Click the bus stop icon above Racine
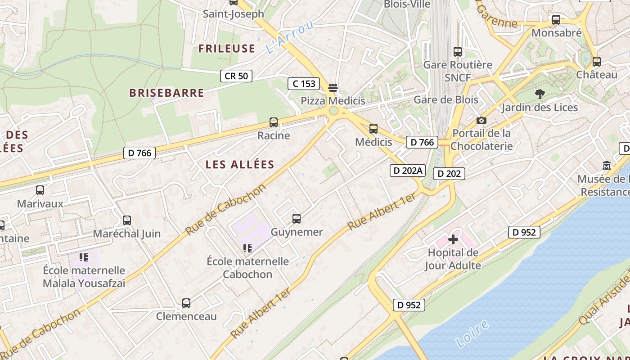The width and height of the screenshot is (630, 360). coord(273,122)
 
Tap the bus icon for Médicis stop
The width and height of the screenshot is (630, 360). coord(373,129)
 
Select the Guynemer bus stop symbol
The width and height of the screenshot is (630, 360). coord(296,219)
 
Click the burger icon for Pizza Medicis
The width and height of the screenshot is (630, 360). coord(333,87)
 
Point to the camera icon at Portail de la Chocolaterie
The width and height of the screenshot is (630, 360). coord(481,120)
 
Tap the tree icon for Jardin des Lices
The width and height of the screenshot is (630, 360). coord(540,94)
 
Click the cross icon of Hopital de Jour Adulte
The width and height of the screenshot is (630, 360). coord(453,239)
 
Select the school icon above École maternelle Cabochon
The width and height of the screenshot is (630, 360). coord(247,248)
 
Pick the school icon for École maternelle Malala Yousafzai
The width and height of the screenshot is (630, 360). coord(84,257)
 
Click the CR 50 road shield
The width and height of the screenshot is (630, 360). coord(236,76)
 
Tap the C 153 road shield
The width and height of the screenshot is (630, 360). coord(304,84)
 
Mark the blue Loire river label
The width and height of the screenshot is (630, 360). coord(472,333)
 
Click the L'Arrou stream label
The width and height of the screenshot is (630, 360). coord(289,37)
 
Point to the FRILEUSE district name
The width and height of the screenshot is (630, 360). coord(227,49)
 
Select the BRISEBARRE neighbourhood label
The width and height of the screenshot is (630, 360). coord(166,93)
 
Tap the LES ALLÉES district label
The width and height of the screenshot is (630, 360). coord(240,165)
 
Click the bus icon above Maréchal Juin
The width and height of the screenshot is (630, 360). coord(127,220)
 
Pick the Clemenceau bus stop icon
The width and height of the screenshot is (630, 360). coord(186,303)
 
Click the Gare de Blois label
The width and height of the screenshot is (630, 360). coord(445,99)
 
